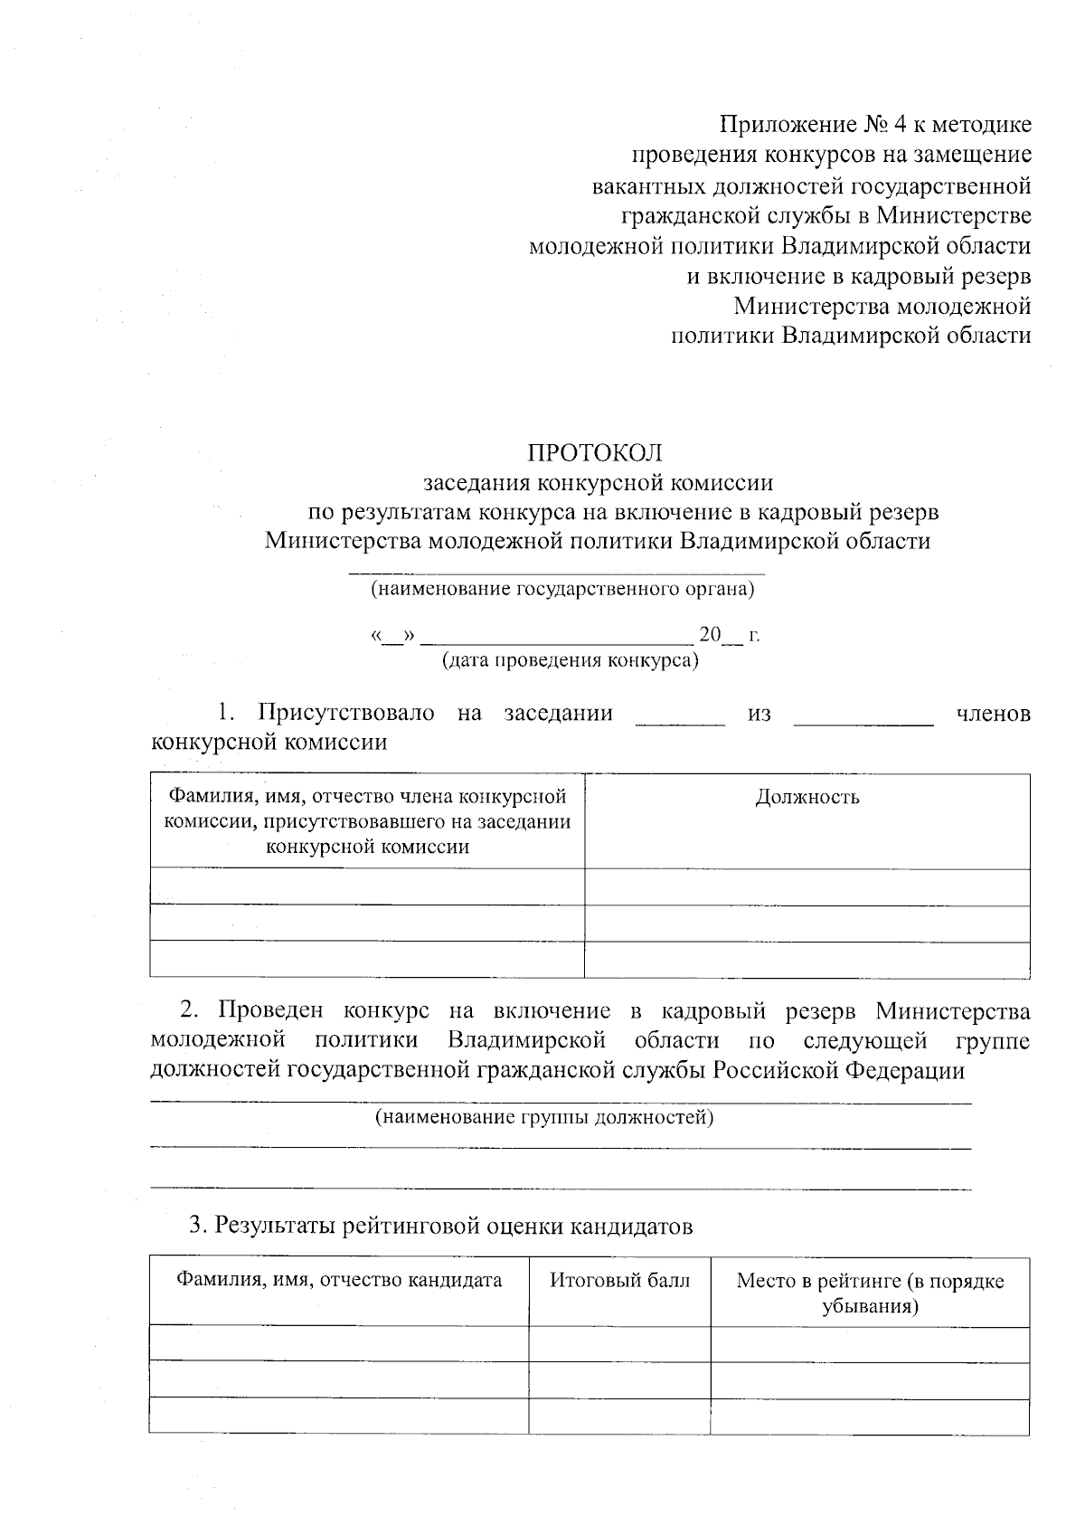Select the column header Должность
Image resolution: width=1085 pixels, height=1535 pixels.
pos(807,797)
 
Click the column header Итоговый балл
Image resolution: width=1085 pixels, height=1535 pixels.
pos(619,1280)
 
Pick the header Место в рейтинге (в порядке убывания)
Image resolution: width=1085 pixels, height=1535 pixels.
pos(870,1293)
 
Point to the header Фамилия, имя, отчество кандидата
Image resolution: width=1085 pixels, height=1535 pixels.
pos(339,1280)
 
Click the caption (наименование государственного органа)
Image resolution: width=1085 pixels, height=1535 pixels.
pos(561,590)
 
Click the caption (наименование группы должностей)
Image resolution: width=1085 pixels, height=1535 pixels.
pos(544,1117)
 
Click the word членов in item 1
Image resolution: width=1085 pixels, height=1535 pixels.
pos(993,714)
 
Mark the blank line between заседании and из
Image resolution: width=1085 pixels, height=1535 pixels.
pos(681,721)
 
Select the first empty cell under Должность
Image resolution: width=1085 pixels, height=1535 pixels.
pos(807,887)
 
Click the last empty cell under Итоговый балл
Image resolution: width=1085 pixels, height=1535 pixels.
pos(619,1416)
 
